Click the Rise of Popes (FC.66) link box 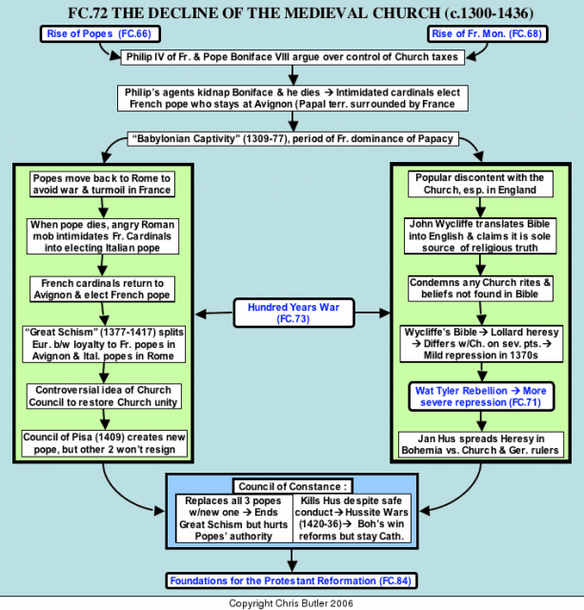click(x=100, y=34)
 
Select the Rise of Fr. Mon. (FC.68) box click(x=487, y=34)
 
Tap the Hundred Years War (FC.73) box click(x=293, y=313)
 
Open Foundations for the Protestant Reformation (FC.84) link click(x=291, y=580)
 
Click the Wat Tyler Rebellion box click(x=481, y=396)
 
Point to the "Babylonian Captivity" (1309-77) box click(x=293, y=139)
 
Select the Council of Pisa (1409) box click(x=104, y=443)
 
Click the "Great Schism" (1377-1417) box click(x=104, y=344)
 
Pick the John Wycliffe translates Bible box click(x=480, y=235)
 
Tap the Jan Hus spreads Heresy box click(x=480, y=444)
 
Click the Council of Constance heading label click(x=292, y=486)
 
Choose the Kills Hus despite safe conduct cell click(x=352, y=518)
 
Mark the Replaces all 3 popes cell click(x=233, y=518)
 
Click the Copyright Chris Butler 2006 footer click(x=291, y=603)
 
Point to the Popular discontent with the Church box click(x=480, y=184)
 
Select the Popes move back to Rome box click(x=102, y=184)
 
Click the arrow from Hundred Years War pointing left click(x=214, y=314)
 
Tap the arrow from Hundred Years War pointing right click(x=373, y=313)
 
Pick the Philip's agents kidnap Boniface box click(x=292, y=98)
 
